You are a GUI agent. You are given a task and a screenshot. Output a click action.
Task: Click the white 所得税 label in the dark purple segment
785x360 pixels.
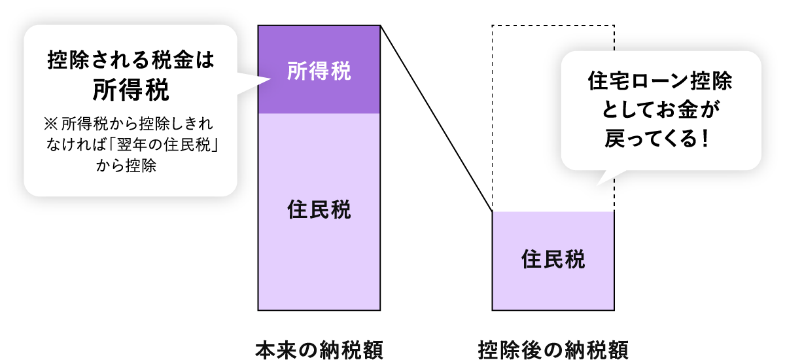pyautogui.click(x=319, y=71)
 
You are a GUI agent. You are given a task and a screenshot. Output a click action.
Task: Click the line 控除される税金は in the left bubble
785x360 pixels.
pyautogui.click(x=131, y=62)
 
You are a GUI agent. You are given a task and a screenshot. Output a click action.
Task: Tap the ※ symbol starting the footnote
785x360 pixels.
pyautogui.click(x=50, y=122)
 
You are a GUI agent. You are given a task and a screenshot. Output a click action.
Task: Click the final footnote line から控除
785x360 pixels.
pyautogui.click(x=126, y=166)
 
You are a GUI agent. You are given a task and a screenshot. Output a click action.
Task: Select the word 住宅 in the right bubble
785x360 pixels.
pyautogui.click(x=604, y=83)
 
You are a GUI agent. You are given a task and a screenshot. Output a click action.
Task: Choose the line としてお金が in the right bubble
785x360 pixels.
pyautogui.click(x=661, y=111)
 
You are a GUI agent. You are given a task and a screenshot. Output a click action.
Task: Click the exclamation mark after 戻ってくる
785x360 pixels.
pyautogui.click(x=704, y=140)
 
